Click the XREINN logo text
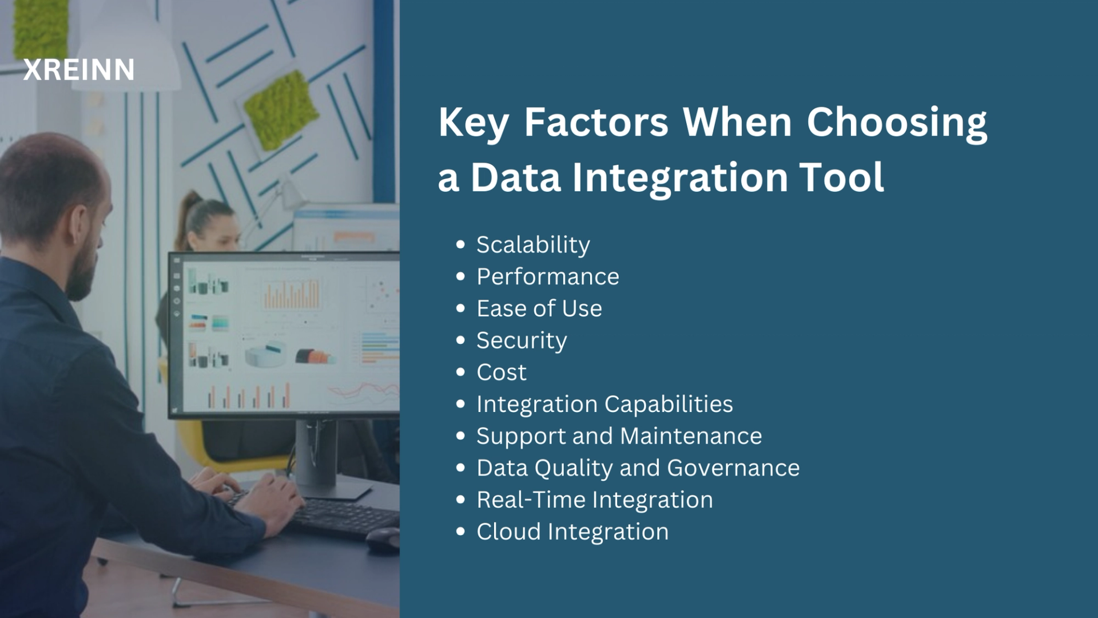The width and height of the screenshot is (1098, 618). pos(79,70)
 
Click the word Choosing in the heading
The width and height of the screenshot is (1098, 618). pos(897,122)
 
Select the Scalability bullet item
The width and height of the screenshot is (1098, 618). pos(533,245)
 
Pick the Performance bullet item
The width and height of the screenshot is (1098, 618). pos(548,277)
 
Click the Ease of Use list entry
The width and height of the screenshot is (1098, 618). pos(539,309)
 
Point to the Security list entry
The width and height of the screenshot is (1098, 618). pos(522,341)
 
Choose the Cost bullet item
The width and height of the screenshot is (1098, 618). pos(502,373)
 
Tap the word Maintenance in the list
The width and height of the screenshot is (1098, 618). pos(691,437)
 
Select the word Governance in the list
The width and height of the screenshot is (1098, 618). pos(733,468)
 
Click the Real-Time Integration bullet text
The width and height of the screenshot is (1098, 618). pos(595,500)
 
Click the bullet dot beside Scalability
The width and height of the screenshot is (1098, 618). pos(461,245)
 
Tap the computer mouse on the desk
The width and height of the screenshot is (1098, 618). pos(383,539)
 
